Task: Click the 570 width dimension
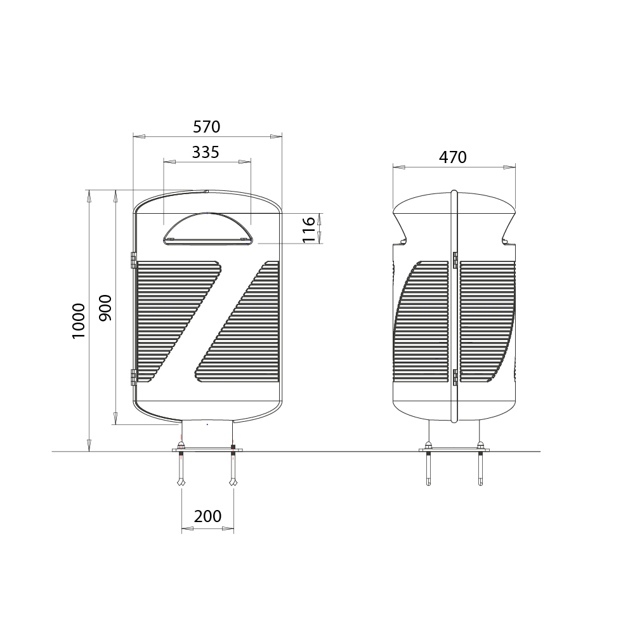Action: [x=207, y=127]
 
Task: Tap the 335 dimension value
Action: [x=206, y=152]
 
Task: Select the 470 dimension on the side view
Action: [x=453, y=157]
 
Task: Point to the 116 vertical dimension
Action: [x=308, y=229]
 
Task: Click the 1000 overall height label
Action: [x=78, y=321]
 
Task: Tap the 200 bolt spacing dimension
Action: [x=207, y=516]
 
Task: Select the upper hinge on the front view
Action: [x=133, y=260]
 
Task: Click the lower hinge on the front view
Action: [x=133, y=377]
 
